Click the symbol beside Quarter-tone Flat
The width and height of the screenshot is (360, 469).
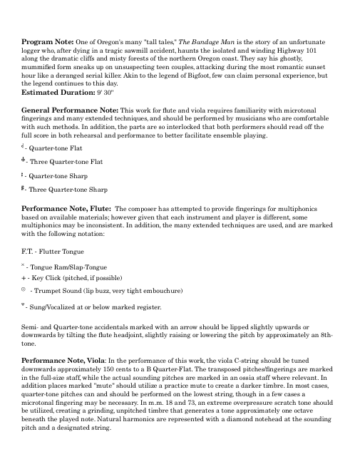(x=24, y=147)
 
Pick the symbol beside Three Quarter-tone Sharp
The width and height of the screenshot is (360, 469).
(x=25, y=188)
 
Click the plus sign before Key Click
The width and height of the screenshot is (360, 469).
(x=25, y=277)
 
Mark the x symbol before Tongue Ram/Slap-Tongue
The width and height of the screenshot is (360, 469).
(x=24, y=262)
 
